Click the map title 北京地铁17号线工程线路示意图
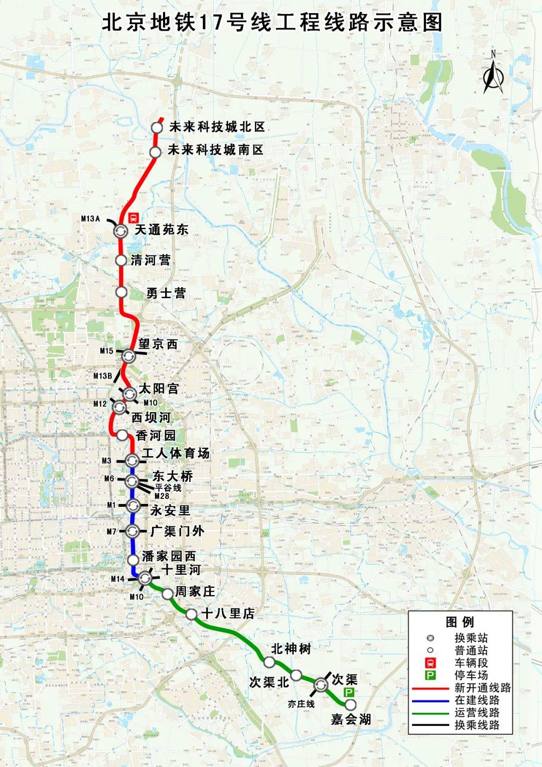[x=272, y=23]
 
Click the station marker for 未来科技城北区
[x=157, y=127]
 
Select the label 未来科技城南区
[x=215, y=150]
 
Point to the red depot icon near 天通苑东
[x=133, y=217]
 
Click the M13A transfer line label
[x=91, y=218]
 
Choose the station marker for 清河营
[x=121, y=260]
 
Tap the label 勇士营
[x=166, y=293]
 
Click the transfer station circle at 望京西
[x=128, y=356]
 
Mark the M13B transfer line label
[x=102, y=376]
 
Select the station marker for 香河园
[x=122, y=435]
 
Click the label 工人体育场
[x=175, y=453]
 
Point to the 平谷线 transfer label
[x=168, y=487]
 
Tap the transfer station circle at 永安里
[x=132, y=505]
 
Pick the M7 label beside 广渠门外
[x=111, y=531]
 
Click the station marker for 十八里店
[x=191, y=614]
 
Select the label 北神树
[x=291, y=649]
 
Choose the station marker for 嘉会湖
[x=350, y=705]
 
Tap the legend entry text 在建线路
[x=477, y=700]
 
